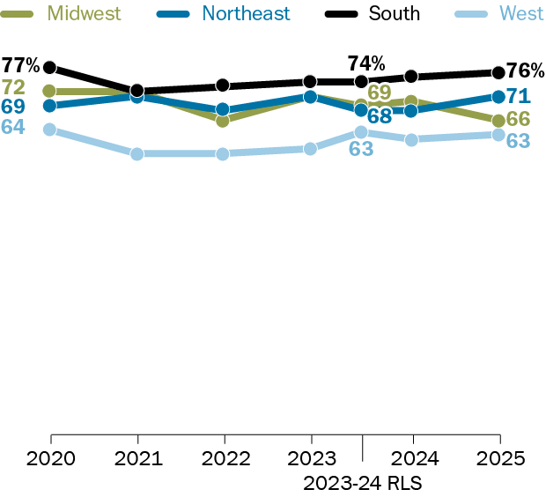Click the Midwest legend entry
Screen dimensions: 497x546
[x=84, y=13]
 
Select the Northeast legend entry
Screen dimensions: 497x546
[x=246, y=13]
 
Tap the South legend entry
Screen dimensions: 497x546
[x=394, y=13]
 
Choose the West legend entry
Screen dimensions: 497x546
[x=521, y=13]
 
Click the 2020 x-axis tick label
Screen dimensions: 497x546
[x=50, y=459]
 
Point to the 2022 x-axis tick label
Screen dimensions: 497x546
[x=225, y=459]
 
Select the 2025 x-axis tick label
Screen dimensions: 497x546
[x=499, y=459]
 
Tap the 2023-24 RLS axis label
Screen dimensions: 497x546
[x=363, y=483]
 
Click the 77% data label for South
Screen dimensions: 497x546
[x=20, y=65]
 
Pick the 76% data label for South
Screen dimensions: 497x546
[x=525, y=71]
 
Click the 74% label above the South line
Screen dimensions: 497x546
[x=365, y=63]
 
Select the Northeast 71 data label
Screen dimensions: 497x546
[x=517, y=96]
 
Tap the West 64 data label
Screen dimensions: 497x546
[x=12, y=127]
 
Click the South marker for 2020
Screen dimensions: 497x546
[x=50, y=67]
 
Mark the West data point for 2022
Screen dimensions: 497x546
[x=223, y=153]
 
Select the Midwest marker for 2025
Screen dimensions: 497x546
[x=498, y=120]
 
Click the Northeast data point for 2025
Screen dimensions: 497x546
[x=498, y=96]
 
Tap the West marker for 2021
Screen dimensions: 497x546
[x=137, y=153]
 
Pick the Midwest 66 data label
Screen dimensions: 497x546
[x=518, y=119]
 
